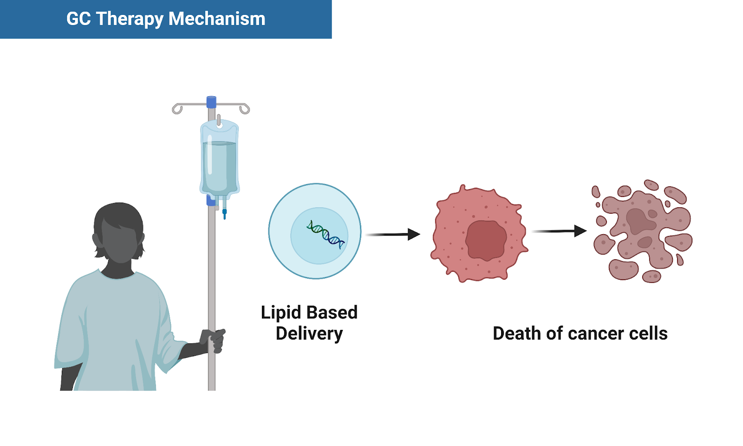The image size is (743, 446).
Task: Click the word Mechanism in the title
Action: [217, 19]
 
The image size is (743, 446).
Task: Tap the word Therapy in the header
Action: [130, 19]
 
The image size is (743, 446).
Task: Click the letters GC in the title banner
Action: [78, 19]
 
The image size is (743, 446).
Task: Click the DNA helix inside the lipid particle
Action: [326, 234]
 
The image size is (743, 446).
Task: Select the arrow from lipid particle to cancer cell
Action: [393, 234]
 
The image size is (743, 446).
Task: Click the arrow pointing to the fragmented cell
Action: [559, 231]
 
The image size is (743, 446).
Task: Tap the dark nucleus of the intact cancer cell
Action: [486, 240]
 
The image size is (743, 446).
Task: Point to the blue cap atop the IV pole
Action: [211, 102]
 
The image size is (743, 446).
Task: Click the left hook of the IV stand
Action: [177, 109]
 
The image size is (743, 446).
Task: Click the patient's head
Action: [119, 232]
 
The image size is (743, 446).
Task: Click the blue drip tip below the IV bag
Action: [225, 214]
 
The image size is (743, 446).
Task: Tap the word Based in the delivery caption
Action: [332, 313]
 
